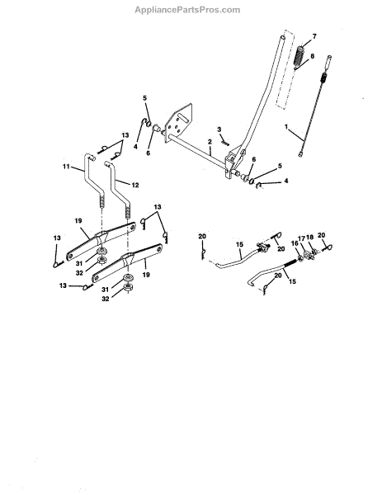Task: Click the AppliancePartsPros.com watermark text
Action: tap(187, 10)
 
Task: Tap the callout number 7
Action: tap(314, 36)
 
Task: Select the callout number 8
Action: tap(312, 56)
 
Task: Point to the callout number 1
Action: tap(286, 127)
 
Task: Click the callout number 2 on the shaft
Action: tap(210, 142)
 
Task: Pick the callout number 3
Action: tap(219, 130)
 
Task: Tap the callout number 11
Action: tap(66, 166)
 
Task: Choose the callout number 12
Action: tap(135, 185)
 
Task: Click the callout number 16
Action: tap(295, 243)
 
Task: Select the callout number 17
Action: tap(302, 238)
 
